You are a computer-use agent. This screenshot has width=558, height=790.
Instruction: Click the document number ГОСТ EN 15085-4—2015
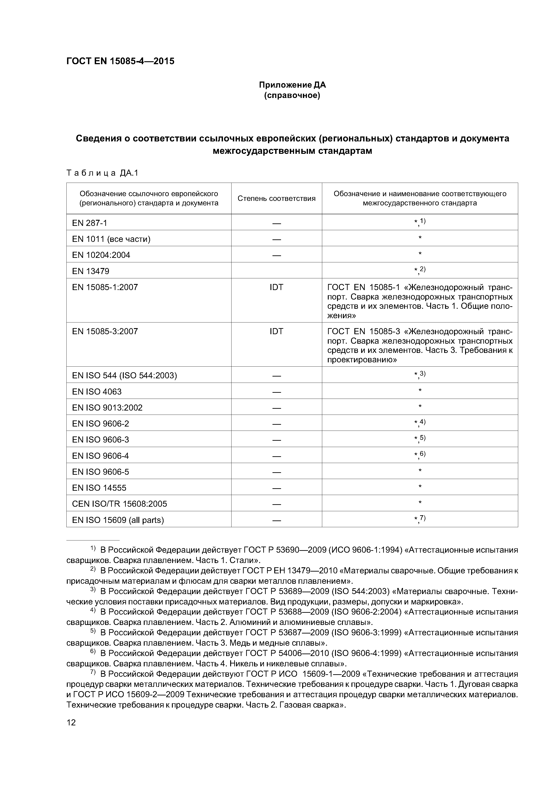click(x=120, y=61)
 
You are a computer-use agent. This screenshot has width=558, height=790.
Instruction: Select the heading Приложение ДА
click(x=292, y=85)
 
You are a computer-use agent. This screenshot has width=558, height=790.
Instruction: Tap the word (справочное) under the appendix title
click(x=292, y=95)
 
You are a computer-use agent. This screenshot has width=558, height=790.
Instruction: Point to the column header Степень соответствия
click(x=277, y=199)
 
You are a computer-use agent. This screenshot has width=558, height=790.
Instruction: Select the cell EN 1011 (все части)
click(x=111, y=239)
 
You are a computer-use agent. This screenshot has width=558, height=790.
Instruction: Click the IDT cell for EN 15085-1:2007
click(x=277, y=287)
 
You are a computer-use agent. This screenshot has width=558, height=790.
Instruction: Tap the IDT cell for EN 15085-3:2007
click(x=277, y=331)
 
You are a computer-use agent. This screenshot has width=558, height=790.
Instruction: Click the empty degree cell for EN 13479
click(x=277, y=270)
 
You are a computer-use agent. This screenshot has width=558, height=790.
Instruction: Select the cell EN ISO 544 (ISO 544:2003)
click(x=124, y=375)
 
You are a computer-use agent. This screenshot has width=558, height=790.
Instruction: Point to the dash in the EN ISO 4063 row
click(x=277, y=392)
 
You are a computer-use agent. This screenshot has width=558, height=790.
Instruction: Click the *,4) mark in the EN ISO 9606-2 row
click(x=420, y=423)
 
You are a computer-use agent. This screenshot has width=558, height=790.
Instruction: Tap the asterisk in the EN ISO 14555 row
click(x=420, y=486)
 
